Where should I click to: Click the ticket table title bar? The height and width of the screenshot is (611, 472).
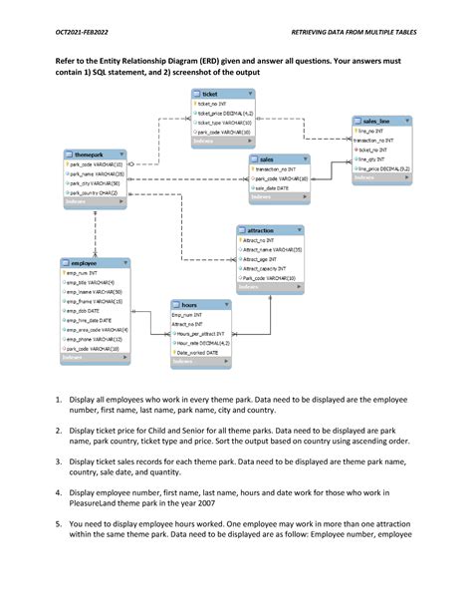pyautogui.click(x=221, y=94)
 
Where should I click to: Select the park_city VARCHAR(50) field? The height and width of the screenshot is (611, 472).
pyautogui.click(x=96, y=183)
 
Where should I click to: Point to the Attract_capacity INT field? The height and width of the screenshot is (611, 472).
pyautogui.click(x=265, y=269)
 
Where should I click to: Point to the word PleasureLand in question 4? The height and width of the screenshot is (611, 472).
pyautogui.click(x=93, y=504)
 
